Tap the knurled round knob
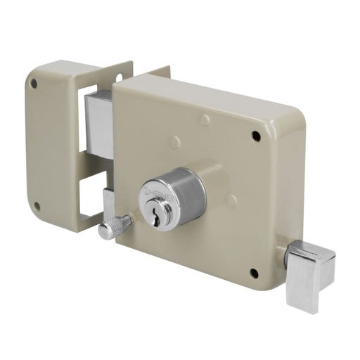click(110, 229)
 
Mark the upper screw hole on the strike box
click(32, 84)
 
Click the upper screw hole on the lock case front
click(255, 134)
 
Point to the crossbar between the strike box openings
click(91, 166)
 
